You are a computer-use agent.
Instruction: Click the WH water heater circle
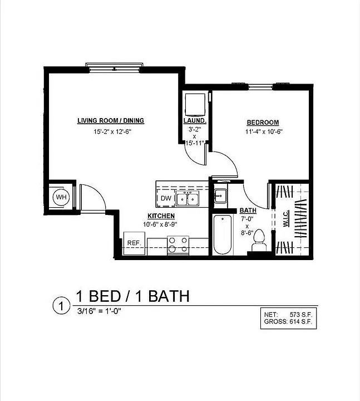pos(61,197)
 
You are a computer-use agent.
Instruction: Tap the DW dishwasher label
pos(166,198)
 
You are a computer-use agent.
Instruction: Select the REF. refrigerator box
pos(134,243)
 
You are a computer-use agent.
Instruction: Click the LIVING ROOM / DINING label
pos(111,120)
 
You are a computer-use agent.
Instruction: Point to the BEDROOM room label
pos(263,123)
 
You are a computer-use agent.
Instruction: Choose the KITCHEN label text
pos(161,216)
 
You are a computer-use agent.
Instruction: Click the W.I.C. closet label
pos(286,218)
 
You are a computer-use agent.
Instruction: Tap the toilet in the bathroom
pos(259,240)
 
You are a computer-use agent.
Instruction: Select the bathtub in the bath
pos(223,235)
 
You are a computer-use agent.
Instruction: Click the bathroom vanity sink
pos(220,196)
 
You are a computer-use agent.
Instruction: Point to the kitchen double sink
pos(188,199)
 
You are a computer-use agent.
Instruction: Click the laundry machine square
pos(195,105)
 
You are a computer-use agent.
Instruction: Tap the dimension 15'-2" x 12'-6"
pos(112,131)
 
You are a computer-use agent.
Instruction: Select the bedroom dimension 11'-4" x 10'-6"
pos(264,131)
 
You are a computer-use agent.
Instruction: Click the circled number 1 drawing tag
pos(61,306)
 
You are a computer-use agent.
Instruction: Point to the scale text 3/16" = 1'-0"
pos(99,311)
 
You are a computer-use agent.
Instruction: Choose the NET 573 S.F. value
pos(301,315)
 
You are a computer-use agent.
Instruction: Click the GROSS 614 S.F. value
pos(301,322)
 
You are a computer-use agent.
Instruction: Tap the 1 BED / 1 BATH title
pos(133,296)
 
